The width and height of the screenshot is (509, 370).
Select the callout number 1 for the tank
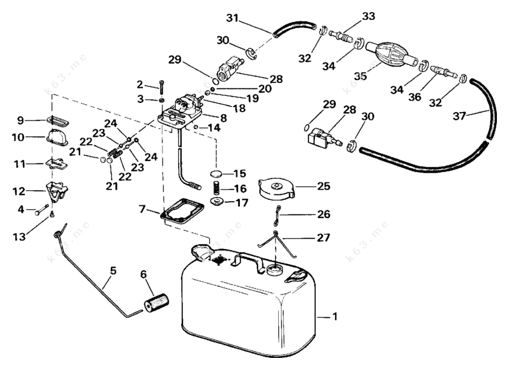click(x=336, y=315)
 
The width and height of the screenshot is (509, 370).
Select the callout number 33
click(x=369, y=16)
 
